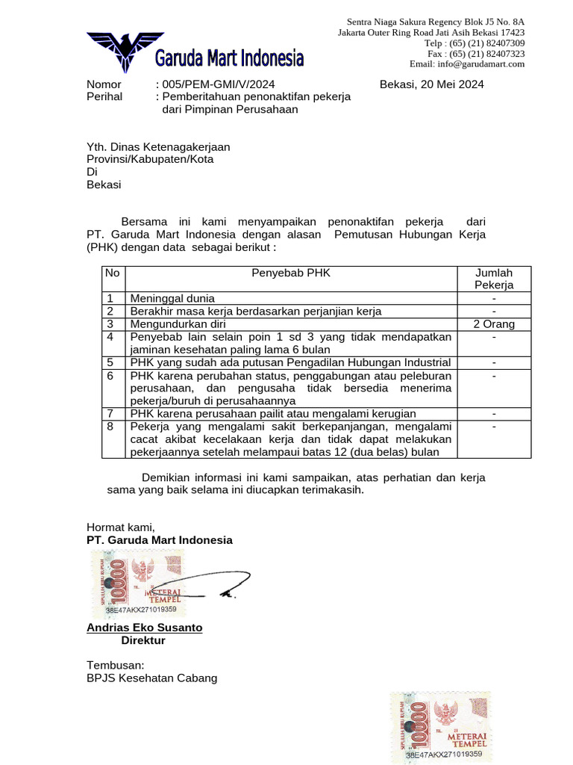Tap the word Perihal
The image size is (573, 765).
(104, 97)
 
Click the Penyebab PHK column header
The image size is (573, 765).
(291, 273)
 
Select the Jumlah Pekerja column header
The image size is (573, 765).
(494, 279)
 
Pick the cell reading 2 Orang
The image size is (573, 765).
(494, 324)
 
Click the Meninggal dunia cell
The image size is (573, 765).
(172, 298)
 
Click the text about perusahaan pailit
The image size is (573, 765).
(273, 413)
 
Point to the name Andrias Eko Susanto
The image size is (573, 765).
(145, 628)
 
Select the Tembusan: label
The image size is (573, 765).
(116, 665)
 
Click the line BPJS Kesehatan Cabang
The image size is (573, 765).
(152, 678)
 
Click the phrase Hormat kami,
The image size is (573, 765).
(121, 527)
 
